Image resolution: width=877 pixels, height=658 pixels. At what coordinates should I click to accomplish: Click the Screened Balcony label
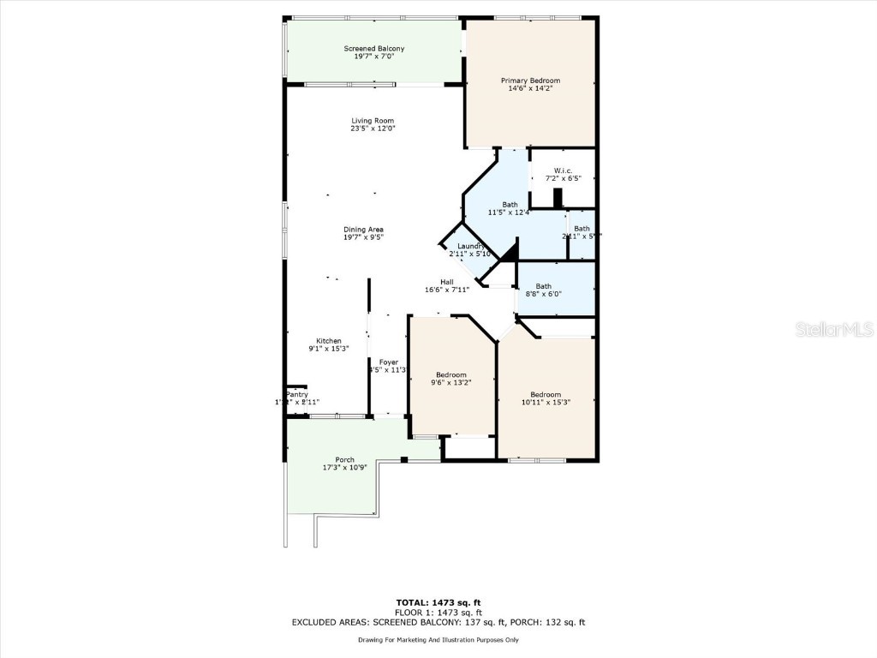pyautogui.click(x=373, y=49)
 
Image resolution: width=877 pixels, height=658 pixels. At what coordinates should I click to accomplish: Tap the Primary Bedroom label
pyautogui.click(x=530, y=81)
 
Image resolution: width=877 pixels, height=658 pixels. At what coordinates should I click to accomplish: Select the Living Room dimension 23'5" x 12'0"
pyautogui.click(x=373, y=129)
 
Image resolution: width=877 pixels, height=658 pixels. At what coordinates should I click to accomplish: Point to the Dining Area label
pyautogui.click(x=363, y=230)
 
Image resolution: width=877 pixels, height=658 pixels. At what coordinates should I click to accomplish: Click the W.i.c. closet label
pyautogui.click(x=563, y=170)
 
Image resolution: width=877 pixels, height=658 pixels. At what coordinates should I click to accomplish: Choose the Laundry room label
pyautogui.click(x=470, y=246)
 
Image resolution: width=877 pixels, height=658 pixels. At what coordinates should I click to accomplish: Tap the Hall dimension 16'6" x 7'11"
pyautogui.click(x=446, y=290)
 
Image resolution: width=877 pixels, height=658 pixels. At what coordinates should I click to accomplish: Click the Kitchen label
pyautogui.click(x=329, y=341)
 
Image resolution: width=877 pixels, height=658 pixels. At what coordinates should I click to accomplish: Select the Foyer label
pyautogui.click(x=389, y=362)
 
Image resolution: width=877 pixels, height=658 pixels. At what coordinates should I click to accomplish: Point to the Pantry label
pyautogui.click(x=296, y=394)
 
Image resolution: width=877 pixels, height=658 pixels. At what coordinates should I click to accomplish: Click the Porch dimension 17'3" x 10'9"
pyautogui.click(x=345, y=468)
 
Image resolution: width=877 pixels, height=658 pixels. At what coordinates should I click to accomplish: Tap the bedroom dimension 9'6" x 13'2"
pyautogui.click(x=451, y=382)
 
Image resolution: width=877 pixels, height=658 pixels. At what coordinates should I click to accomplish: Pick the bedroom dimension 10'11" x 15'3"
pyautogui.click(x=545, y=402)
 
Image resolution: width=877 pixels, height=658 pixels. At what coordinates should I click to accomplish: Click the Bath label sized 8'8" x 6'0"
pyautogui.click(x=543, y=286)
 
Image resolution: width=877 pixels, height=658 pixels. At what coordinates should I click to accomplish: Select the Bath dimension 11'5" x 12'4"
pyautogui.click(x=509, y=212)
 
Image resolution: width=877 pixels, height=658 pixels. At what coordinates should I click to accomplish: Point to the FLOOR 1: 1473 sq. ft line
pyautogui.click(x=438, y=613)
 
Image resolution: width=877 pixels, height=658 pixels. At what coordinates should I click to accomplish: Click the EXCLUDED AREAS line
pyautogui.click(x=438, y=623)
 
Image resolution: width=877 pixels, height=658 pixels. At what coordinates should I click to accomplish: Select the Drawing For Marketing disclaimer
pyautogui.click(x=438, y=640)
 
